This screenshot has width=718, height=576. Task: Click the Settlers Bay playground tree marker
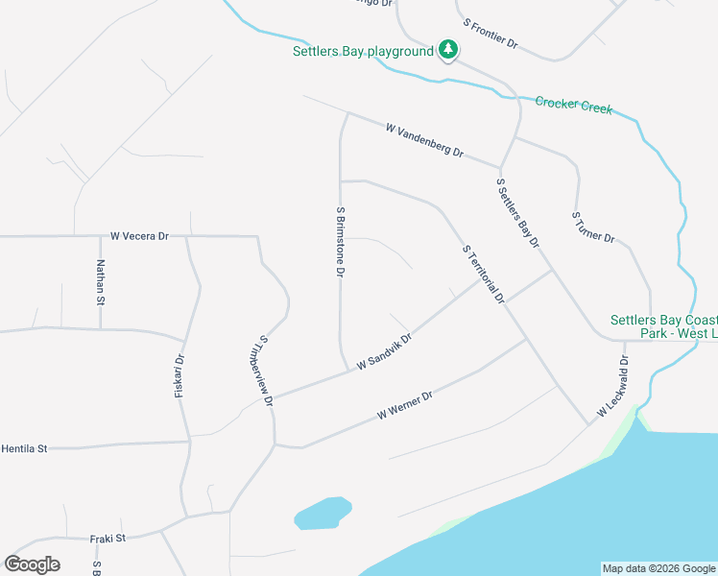coord(447,49)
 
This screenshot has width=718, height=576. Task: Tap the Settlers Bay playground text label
coord(363,52)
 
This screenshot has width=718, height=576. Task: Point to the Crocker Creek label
coord(573,105)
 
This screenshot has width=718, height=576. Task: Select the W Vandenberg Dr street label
coord(424,140)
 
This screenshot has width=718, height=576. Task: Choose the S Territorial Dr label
coord(483,274)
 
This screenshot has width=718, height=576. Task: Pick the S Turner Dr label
coord(592,228)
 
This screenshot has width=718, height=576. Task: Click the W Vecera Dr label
coord(139,235)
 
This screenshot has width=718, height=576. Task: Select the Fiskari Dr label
coord(179,376)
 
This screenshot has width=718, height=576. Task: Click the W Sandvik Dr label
coord(384,352)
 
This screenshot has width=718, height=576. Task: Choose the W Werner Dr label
coord(405,406)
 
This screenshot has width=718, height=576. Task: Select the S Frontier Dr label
coord(490,34)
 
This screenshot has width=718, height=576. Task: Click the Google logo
coord(32,564)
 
